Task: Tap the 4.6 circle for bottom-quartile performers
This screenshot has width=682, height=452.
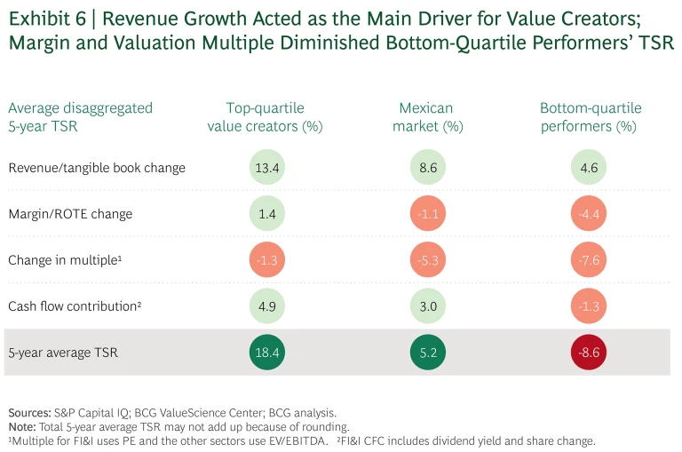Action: point(591,168)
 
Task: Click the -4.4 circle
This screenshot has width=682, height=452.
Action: point(591,214)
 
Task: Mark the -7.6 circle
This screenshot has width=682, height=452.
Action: point(591,260)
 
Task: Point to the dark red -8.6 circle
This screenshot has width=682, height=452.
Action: point(591,353)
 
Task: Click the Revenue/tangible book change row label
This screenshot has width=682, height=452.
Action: point(97,168)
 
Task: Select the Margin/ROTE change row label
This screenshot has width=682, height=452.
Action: point(70,214)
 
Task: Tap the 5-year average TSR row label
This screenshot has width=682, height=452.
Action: point(63,353)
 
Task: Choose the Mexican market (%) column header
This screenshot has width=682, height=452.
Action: point(426,117)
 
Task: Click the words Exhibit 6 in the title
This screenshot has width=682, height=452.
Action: point(44,18)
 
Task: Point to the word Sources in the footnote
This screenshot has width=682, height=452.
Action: point(28,413)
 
